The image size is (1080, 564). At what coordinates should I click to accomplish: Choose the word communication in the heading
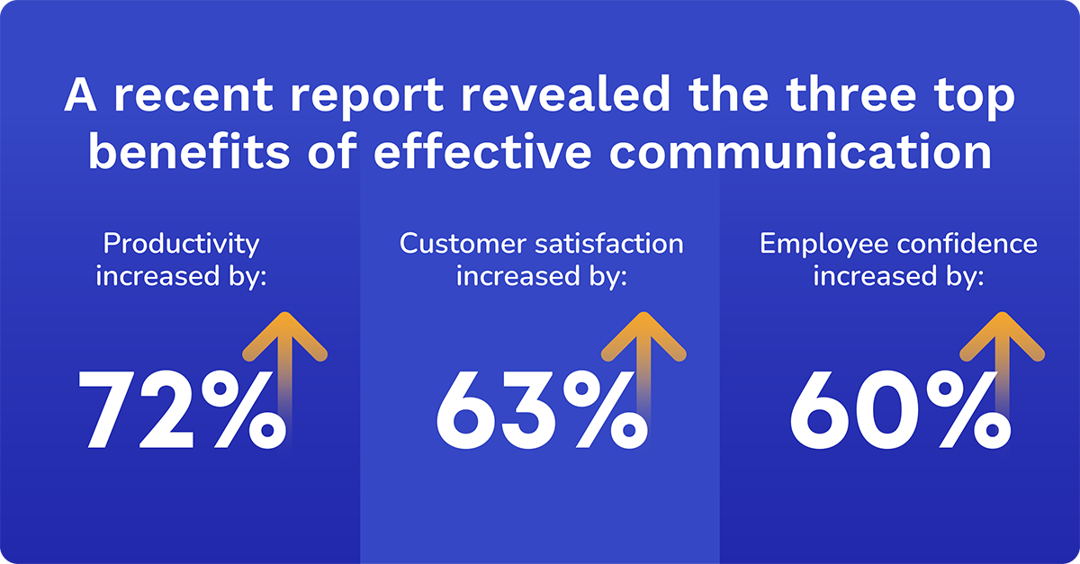(x=801, y=150)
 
